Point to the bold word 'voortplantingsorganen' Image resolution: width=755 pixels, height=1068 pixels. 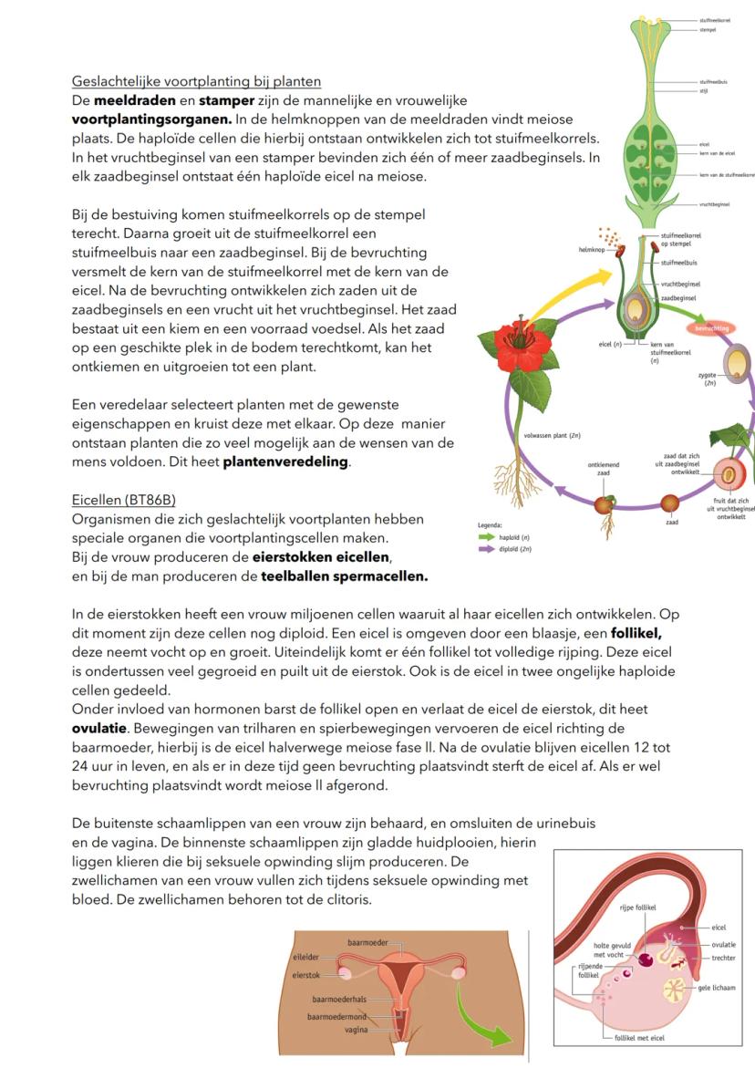(x=151, y=119)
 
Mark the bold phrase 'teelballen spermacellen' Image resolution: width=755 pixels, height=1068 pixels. (x=345, y=576)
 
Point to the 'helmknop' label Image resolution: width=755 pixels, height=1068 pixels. (x=578, y=248)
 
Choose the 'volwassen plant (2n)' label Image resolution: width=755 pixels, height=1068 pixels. (x=553, y=436)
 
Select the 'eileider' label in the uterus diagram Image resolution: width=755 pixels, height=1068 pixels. (x=306, y=957)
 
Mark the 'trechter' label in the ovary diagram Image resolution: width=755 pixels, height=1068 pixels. (x=723, y=958)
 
